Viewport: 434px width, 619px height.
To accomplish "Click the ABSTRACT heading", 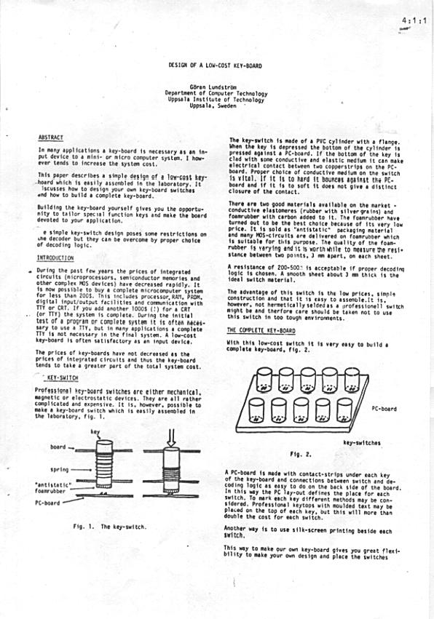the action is [x=51, y=137].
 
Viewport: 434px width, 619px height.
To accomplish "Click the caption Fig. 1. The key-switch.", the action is [x=104, y=526].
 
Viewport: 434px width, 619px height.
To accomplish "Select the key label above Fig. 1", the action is [x=95, y=431].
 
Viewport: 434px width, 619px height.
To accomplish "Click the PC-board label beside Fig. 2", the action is [x=384, y=409].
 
